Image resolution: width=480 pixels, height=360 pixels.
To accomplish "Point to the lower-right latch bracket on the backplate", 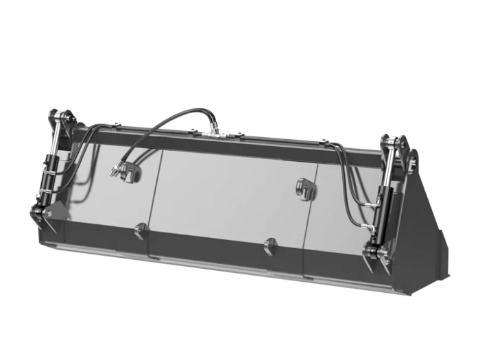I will pyautogui.click(x=270, y=245).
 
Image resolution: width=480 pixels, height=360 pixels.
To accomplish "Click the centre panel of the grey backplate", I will pyautogui.click(x=226, y=195).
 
